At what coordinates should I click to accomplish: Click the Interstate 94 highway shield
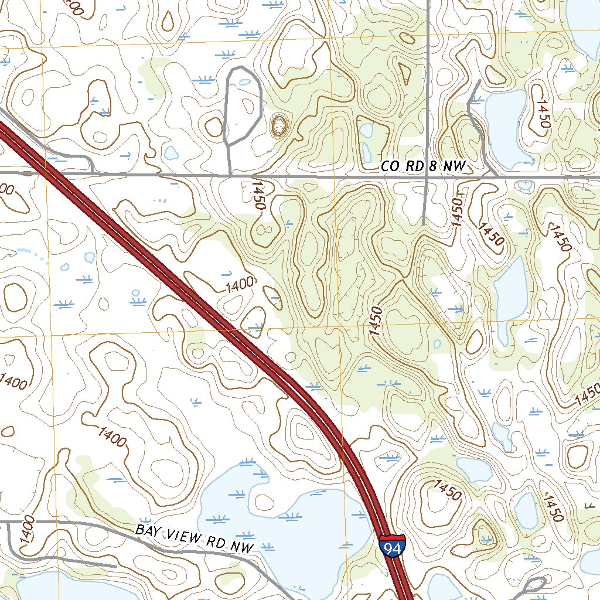[392, 546]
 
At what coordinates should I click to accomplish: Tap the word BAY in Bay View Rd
[148, 531]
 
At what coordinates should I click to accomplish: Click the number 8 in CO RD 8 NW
[432, 166]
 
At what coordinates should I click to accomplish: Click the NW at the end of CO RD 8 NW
[454, 167]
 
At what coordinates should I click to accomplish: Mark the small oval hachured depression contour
[279, 125]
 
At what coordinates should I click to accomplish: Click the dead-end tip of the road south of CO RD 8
[423, 223]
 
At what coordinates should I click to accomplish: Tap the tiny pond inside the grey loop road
[244, 82]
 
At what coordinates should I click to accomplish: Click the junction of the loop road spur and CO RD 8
[230, 175]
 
